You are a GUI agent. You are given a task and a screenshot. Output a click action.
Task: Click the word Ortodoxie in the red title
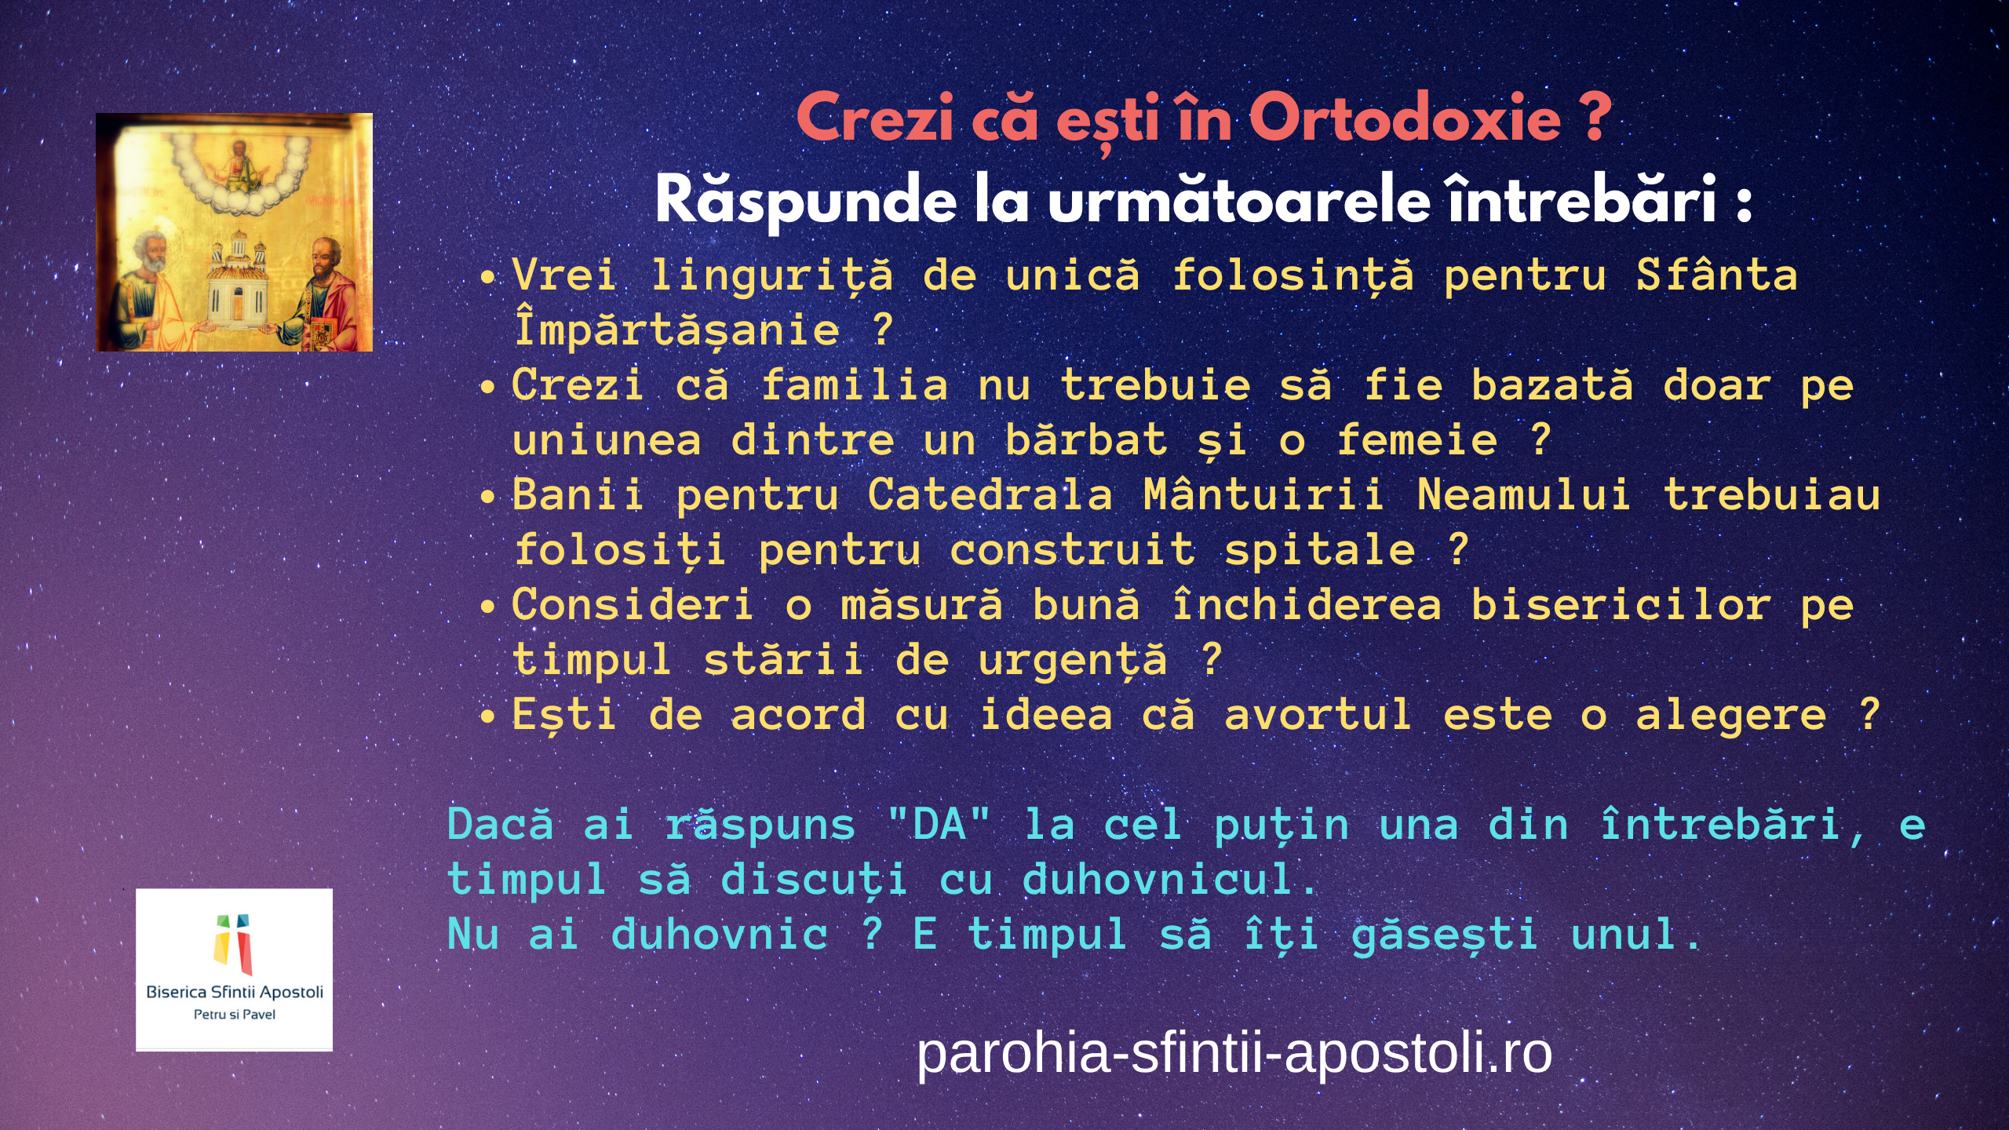pyautogui.click(x=1405, y=118)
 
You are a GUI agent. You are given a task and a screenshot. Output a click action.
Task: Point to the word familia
pyautogui.click(x=855, y=385)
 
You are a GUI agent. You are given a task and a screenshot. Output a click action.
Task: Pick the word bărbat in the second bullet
pyautogui.click(x=1087, y=439)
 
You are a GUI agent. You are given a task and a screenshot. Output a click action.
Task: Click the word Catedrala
pyautogui.click(x=990, y=494)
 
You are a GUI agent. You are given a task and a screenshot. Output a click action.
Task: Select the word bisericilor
pyautogui.click(x=1621, y=604)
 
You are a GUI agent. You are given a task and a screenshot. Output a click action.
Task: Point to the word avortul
pyautogui.click(x=1318, y=714)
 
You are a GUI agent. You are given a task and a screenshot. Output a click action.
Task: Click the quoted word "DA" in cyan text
pyautogui.click(x=939, y=824)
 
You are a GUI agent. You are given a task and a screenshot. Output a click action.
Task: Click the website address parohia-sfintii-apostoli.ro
pyautogui.click(x=1234, y=1052)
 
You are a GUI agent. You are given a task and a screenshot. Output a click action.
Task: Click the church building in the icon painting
pyautogui.click(x=235, y=279)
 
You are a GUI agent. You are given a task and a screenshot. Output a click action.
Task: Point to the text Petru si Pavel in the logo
pyautogui.click(x=234, y=1015)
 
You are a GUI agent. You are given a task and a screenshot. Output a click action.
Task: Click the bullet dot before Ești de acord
pyautogui.click(x=488, y=716)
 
